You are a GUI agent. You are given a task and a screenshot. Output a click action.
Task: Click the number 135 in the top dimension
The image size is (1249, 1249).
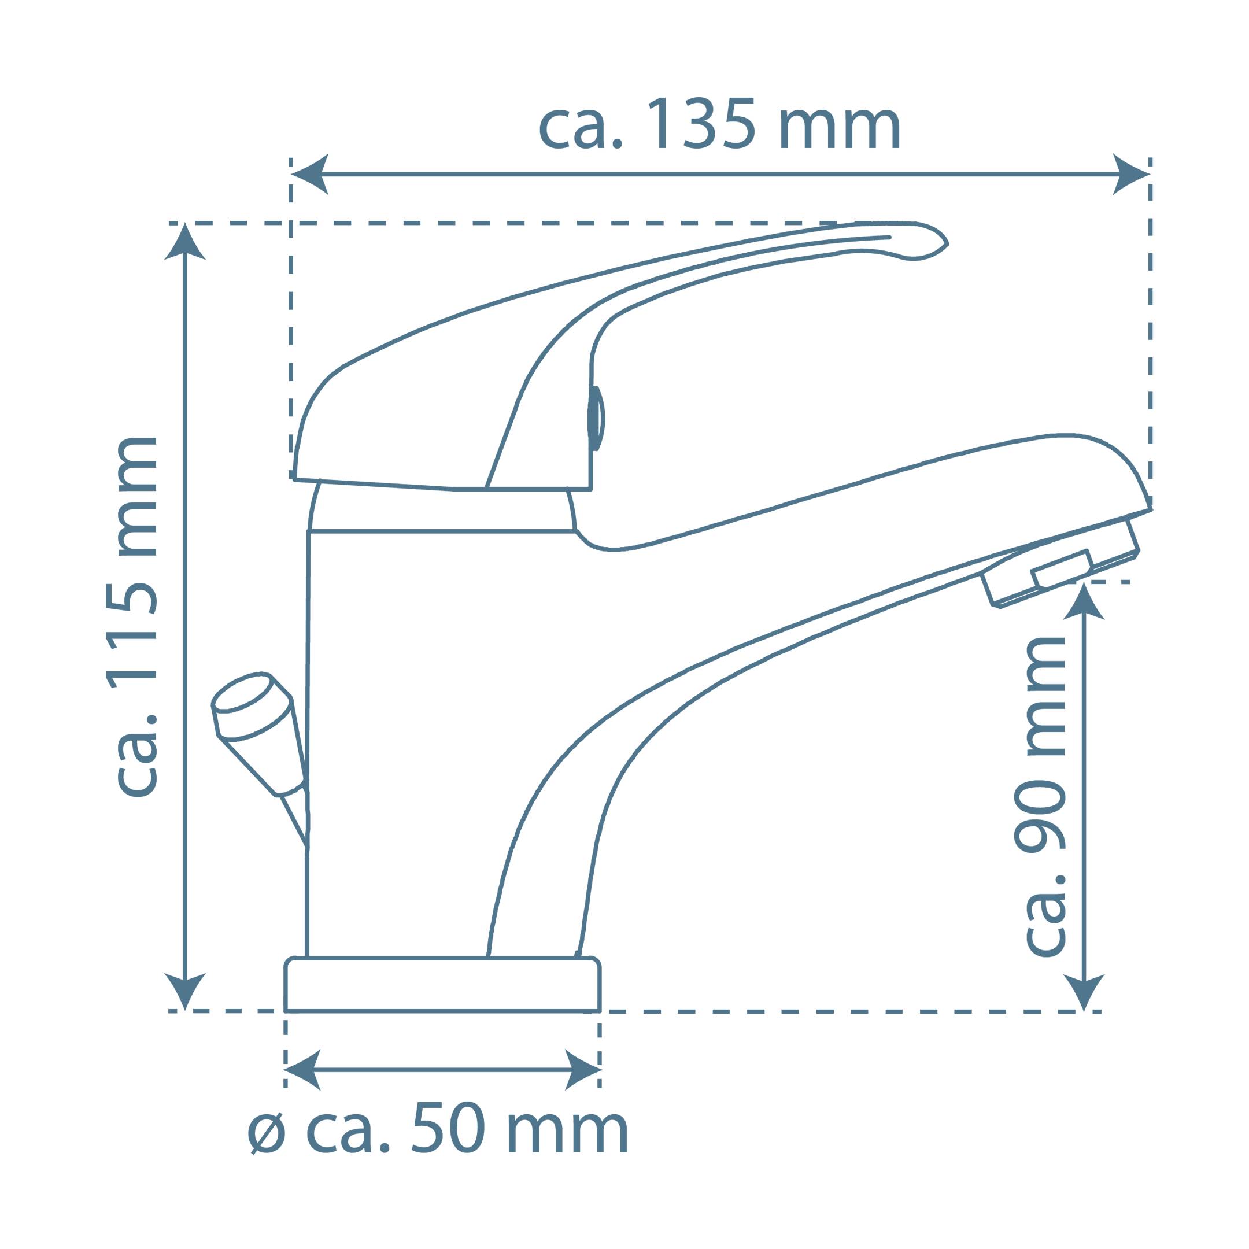coord(701,124)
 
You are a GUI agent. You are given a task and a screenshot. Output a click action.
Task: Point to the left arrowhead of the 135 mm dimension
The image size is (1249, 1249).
coord(309,174)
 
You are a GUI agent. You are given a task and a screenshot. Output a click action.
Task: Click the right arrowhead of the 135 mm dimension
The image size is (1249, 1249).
coord(1132,174)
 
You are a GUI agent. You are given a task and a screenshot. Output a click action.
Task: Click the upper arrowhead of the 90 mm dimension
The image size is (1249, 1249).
coord(1084,601)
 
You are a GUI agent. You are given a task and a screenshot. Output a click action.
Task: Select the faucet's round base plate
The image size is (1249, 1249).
coord(442,985)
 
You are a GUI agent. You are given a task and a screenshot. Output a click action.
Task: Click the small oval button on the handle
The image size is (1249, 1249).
coord(596,418)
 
